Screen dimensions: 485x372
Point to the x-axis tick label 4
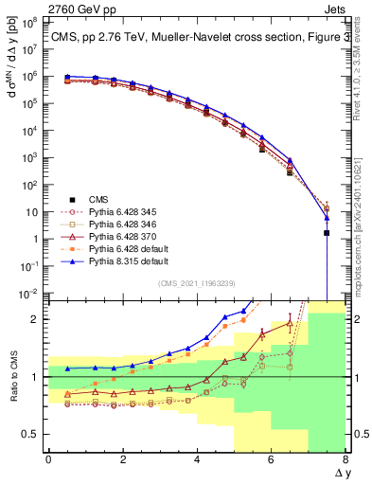coord(197,458)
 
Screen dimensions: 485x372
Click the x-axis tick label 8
coord(345,458)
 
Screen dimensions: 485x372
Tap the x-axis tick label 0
coord(48,458)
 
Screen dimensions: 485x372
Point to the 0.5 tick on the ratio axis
coord(30,434)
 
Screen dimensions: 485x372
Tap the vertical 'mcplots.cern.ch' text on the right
coord(363,237)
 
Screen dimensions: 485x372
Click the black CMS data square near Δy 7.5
coord(327,232)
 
